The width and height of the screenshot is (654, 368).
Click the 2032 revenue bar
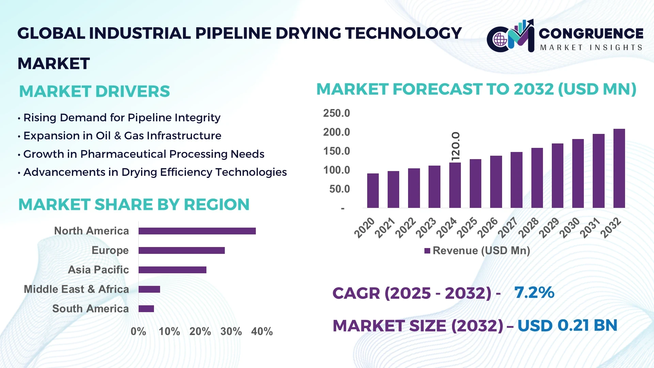(x=619, y=168)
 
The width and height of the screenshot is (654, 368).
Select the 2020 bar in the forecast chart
(x=373, y=191)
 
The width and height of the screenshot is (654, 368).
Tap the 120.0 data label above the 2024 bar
(x=455, y=146)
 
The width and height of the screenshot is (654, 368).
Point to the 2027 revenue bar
(x=516, y=180)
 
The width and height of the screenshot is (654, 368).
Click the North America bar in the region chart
(x=197, y=231)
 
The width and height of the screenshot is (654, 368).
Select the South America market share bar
(x=146, y=309)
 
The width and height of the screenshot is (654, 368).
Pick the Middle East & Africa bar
(x=149, y=289)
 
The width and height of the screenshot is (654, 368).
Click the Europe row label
(x=110, y=250)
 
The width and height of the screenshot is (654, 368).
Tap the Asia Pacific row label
(x=98, y=270)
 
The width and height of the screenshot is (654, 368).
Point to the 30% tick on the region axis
(x=231, y=331)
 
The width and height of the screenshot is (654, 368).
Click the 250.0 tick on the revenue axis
(x=336, y=113)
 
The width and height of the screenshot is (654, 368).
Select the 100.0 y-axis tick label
(x=336, y=170)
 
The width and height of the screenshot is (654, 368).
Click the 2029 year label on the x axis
(x=549, y=227)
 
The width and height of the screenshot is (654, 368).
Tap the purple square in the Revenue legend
(x=427, y=251)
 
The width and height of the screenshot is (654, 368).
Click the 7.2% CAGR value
(x=534, y=292)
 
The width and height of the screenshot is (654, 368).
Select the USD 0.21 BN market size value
(x=567, y=325)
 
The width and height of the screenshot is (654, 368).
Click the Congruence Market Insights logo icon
(x=510, y=36)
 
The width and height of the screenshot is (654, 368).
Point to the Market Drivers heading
(x=94, y=91)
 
